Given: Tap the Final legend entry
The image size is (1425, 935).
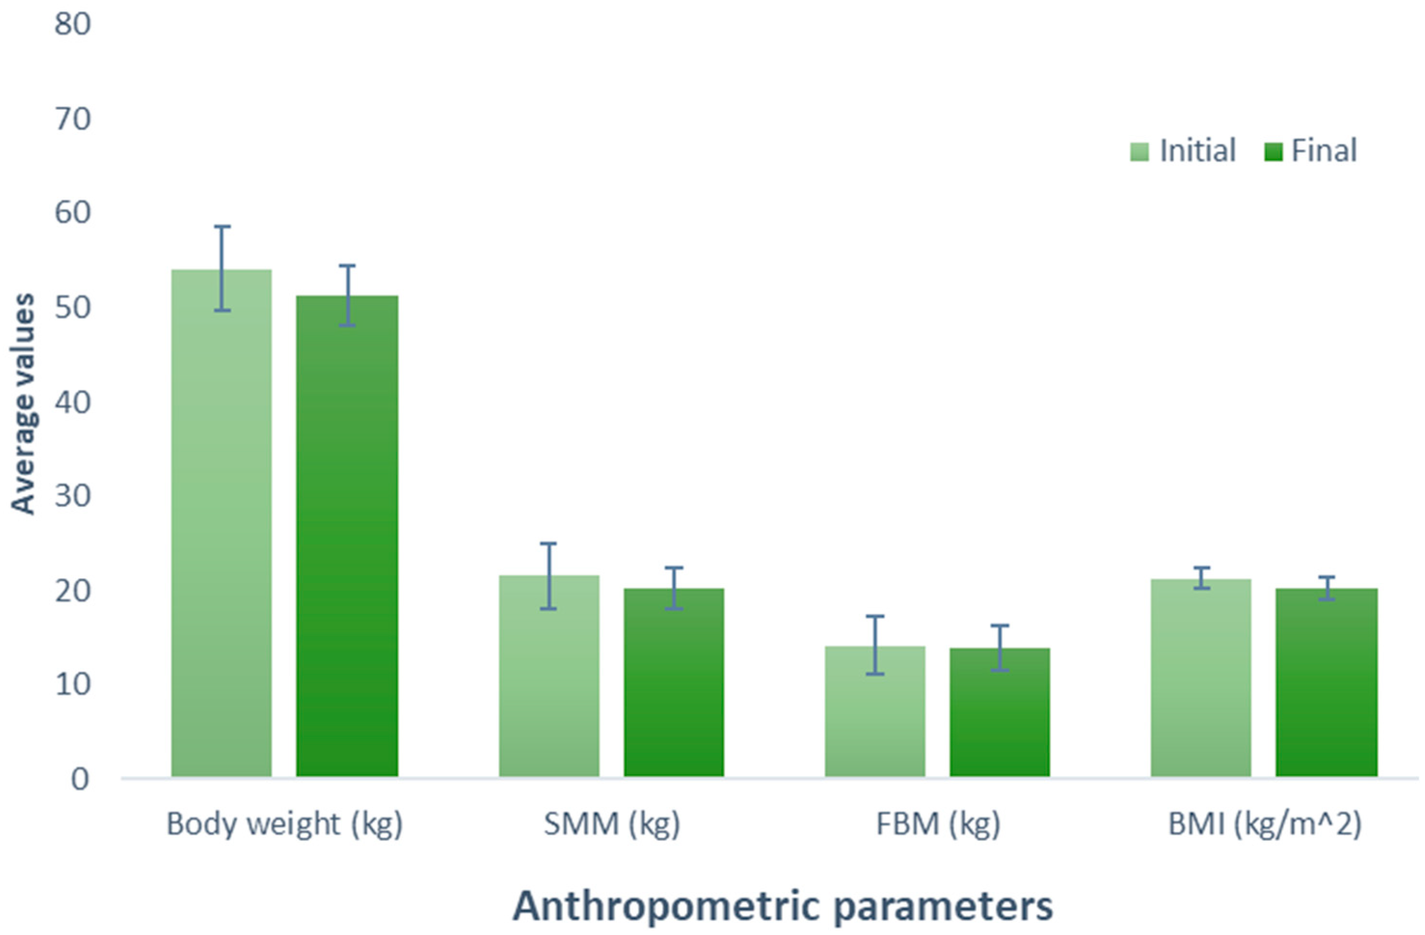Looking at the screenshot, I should [1311, 151].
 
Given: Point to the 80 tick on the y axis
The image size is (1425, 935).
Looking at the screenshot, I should [72, 25].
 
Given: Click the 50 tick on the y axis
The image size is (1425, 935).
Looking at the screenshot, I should [72, 308].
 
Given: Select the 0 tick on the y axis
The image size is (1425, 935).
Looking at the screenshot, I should [80, 779].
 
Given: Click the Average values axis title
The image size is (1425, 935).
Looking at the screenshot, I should [23, 404].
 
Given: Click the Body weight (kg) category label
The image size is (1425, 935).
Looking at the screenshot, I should [284, 824].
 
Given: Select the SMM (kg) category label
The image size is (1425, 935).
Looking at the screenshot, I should [611, 824].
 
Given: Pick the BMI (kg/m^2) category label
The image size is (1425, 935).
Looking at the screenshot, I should [1264, 824].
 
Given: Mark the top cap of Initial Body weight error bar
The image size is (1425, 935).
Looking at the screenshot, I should [222, 227].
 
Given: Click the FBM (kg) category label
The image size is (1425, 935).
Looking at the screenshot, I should [938, 824].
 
